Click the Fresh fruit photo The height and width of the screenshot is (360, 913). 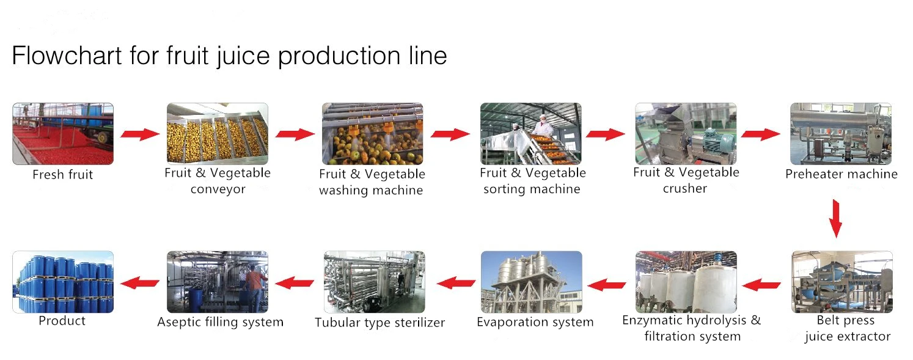coord(63,133)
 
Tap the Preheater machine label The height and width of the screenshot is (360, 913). coord(841,174)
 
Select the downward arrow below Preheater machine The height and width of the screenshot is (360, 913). coord(836,218)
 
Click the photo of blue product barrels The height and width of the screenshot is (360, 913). coord(63,282)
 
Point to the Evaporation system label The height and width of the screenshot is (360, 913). coord(535,322)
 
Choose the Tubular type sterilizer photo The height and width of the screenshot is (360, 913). coord(374,282)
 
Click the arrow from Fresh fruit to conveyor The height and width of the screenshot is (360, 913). coord(139,134)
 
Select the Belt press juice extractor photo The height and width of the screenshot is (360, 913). coord(842,282)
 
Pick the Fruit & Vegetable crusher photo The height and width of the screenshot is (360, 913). coord(686,133)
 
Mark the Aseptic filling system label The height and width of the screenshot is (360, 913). coord(220,322)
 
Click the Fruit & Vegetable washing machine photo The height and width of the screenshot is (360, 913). coord(373,133)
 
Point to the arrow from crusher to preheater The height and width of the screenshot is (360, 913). coord(761,134)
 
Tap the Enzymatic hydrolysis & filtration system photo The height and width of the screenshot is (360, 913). coord(686,282)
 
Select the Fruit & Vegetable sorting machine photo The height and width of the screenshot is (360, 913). coord(530,133)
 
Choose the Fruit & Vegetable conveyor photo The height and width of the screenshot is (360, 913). coord(218,133)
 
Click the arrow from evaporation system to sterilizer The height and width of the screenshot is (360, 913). coord(456,282)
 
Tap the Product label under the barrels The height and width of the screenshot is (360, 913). coord(62,321)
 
